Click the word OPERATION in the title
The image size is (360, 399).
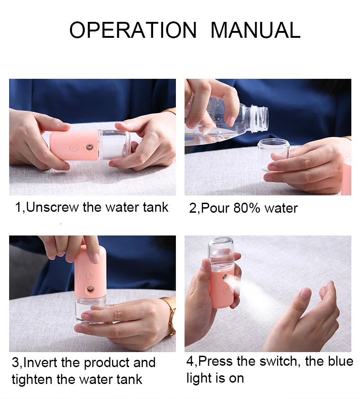coord(133,30)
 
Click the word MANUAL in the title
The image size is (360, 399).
coord(255,30)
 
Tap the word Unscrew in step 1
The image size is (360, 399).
coord(52,207)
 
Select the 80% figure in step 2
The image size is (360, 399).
coord(247,208)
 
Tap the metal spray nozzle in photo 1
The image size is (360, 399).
coord(90,147)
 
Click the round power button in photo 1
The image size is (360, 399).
coord(74,148)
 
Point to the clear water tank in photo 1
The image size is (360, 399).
coord(114,145)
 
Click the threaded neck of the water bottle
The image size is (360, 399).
coord(260,118)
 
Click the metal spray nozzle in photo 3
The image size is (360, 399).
coord(90,289)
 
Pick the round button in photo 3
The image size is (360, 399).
coord(90,275)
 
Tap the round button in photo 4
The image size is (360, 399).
coord(226,290)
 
